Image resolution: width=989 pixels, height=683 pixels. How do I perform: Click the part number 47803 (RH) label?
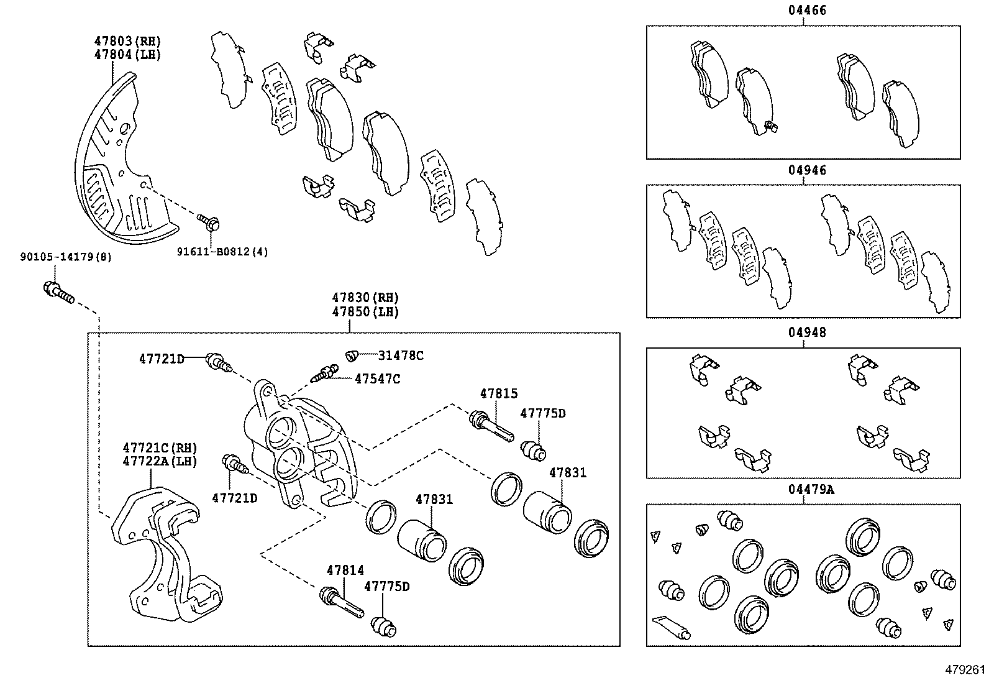127,42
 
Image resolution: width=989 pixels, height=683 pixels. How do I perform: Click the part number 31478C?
401,355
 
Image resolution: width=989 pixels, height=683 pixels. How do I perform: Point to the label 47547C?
377,378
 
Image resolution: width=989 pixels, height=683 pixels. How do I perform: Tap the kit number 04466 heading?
803,9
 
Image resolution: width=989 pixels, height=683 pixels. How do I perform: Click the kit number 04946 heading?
803,170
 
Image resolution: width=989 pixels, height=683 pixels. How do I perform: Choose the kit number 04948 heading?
803,332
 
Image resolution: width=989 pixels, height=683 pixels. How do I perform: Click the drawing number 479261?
965,670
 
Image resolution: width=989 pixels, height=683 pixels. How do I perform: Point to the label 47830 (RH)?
365,298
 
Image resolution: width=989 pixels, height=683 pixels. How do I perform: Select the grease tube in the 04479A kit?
672,627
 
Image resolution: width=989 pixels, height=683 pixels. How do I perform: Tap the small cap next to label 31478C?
352,355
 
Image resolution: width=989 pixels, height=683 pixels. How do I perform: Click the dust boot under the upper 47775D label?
534,451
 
